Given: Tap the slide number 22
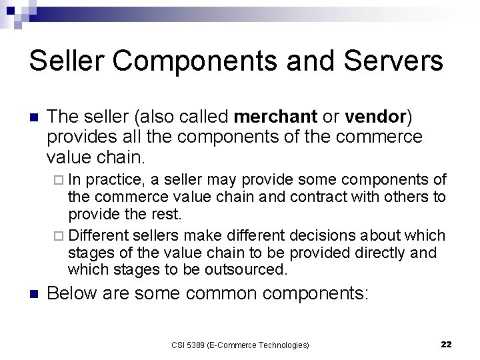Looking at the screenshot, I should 447,344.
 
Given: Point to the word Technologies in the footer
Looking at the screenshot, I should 283,345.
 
